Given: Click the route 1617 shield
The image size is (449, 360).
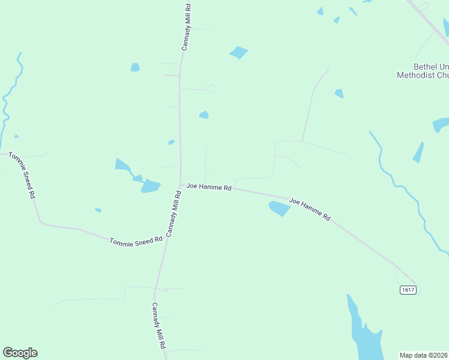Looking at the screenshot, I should pos(408,290).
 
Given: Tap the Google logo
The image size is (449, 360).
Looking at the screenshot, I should pos(20,353).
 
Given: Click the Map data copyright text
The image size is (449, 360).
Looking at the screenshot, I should pos(424,355).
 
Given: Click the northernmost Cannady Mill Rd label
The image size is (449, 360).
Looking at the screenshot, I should pos(187,27).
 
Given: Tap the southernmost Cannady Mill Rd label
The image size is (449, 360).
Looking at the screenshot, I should pos(158,326).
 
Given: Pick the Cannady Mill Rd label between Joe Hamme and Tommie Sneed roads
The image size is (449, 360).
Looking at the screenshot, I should pos(173,214).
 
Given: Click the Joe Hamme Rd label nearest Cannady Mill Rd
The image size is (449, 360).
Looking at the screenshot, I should pos(209,187).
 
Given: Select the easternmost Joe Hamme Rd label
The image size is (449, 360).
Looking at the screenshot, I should pos(310,209).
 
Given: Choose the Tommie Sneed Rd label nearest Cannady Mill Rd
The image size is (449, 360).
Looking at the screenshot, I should pos(136,240).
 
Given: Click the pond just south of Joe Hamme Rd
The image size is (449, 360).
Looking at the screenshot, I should pos(279,208).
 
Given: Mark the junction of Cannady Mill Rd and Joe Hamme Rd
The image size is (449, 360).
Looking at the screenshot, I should pos(181,185).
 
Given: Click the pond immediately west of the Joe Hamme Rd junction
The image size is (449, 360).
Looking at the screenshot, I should pos(150,186).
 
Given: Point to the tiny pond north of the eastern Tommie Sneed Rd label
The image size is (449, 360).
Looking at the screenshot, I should pos(98,210).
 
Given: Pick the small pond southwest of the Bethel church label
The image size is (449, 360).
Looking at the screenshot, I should pos(339,94).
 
